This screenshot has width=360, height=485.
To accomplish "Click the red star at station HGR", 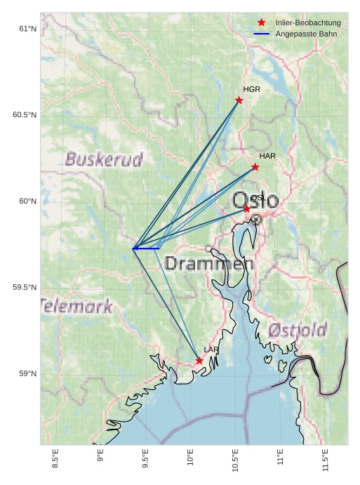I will coord(239,100).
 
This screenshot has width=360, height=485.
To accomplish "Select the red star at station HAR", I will coord(255,167).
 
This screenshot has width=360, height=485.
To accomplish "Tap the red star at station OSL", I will coord(247,209).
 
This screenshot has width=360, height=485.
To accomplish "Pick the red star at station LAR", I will coord(199,361).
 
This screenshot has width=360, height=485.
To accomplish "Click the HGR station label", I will coord(251,90).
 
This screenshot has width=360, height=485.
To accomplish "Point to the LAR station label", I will coord(211,350).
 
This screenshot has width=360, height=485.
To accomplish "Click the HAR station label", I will coord(267,156).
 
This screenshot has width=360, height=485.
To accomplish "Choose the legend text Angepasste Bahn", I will coord(306,34).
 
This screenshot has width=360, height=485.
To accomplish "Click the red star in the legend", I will coord(262,23).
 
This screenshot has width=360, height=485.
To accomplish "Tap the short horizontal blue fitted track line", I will coord(146,248).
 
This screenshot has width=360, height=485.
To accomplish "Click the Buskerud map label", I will coord(104,159).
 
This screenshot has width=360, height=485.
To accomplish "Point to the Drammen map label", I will coord(208,265).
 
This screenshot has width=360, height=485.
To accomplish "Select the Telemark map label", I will coord(76,306).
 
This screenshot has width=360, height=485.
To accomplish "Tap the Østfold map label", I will coord(298,330).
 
